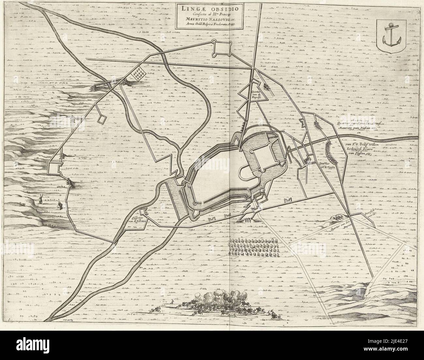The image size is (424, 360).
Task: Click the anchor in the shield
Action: tap(388, 36)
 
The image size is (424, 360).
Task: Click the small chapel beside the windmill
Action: tap(59, 206)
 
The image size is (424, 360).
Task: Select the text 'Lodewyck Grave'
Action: tap(361, 147)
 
